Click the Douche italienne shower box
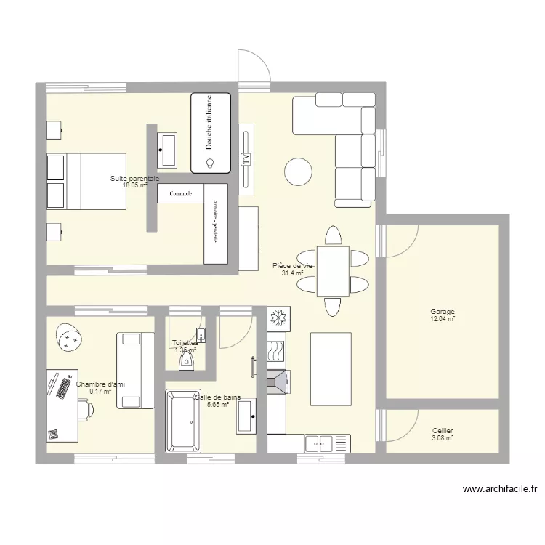coord(211,133)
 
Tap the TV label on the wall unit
coord(246,158)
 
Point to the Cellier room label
coord(442,431)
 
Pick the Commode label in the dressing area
coord(180,194)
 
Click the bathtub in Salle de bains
coord(182,420)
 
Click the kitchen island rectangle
coord(331,368)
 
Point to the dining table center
coord(333,272)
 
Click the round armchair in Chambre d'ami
coord(69,336)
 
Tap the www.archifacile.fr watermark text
coord(499,490)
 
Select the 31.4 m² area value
coord(292,274)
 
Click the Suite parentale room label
coord(134,179)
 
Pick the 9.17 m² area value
coord(100,392)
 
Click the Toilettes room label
coord(185,343)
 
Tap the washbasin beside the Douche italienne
coord(168,150)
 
